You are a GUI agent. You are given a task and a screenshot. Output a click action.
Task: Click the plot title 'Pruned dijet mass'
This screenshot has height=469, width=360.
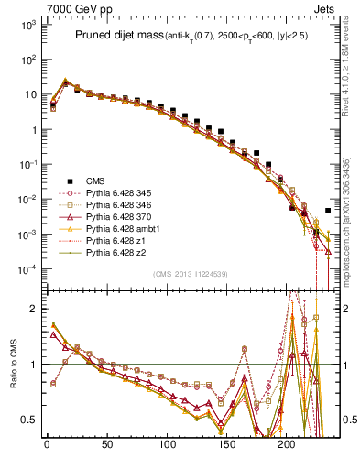[x=118, y=36]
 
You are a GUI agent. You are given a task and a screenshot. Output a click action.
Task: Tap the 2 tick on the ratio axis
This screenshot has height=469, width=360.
[x=31, y=309]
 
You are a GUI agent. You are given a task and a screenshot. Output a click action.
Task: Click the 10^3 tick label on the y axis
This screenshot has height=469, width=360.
[x=27, y=25]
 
